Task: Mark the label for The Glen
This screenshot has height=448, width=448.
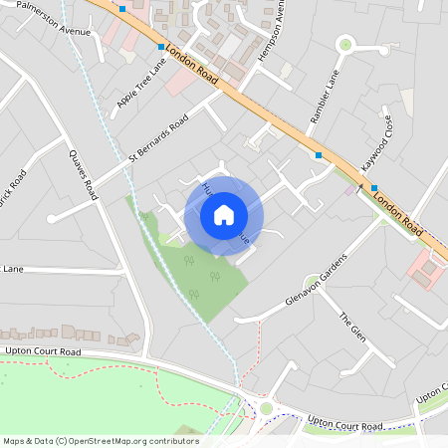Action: point(352,328)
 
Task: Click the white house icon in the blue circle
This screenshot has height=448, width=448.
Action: point(224,214)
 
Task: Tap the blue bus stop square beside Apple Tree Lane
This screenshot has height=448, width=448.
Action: point(160,47)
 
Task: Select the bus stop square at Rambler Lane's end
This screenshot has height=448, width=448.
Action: point(318,155)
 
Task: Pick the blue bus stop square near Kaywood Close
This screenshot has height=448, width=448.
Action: point(374,187)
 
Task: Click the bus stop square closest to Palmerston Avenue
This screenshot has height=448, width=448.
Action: point(121,8)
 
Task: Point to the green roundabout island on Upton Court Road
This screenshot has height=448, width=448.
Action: point(266,408)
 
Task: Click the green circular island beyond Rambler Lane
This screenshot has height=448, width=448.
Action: point(345,43)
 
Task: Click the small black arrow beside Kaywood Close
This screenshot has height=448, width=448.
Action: point(360,185)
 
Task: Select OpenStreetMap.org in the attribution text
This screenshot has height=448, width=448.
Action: point(118,441)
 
